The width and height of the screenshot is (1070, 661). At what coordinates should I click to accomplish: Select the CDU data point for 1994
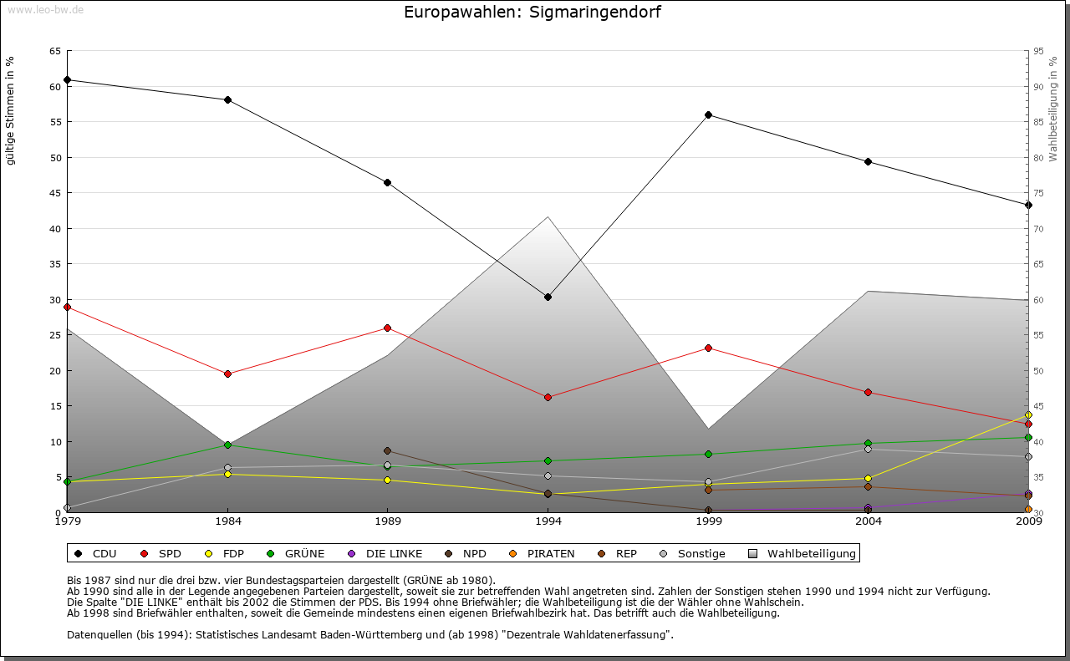[548, 297]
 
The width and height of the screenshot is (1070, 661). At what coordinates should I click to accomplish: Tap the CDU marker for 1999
[708, 114]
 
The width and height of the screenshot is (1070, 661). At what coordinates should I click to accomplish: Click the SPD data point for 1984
[227, 374]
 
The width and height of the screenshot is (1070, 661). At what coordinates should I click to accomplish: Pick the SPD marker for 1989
[387, 328]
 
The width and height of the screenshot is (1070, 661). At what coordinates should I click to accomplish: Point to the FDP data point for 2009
[1028, 414]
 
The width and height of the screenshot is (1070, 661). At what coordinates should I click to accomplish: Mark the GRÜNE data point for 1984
[227, 445]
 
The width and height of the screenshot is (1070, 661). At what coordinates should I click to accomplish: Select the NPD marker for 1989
[387, 450]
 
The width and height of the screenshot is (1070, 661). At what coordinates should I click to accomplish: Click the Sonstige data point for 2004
[868, 449]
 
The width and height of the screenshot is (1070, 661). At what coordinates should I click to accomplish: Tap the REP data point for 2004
[868, 486]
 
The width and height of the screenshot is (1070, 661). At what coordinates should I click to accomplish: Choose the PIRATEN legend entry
[542, 553]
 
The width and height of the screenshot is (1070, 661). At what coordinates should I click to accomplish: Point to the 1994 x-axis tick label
[548, 522]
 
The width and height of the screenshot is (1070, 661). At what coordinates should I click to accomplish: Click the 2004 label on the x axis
[869, 522]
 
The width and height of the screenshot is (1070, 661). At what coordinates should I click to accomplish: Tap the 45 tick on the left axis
[54, 193]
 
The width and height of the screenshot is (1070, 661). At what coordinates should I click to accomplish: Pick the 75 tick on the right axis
[1038, 193]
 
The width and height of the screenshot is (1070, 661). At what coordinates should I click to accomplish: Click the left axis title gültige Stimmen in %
[11, 110]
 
